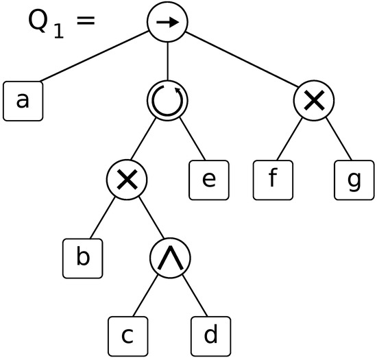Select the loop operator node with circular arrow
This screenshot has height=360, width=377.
click(x=167, y=101)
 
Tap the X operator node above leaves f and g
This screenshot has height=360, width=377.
click(x=313, y=101)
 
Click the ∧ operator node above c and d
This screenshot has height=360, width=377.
click(x=169, y=257)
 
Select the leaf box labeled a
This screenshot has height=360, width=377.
click(x=23, y=101)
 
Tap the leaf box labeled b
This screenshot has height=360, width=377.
click(x=82, y=257)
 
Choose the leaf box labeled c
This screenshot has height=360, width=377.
click(x=127, y=335)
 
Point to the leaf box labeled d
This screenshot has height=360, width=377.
click(x=210, y=335)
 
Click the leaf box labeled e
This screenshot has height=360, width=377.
click(x=210, y=179)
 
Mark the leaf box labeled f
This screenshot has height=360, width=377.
click(x=273, y=179)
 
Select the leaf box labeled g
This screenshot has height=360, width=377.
click(x=354, y=179)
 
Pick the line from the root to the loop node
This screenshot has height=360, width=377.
click(x=167, y=62)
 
